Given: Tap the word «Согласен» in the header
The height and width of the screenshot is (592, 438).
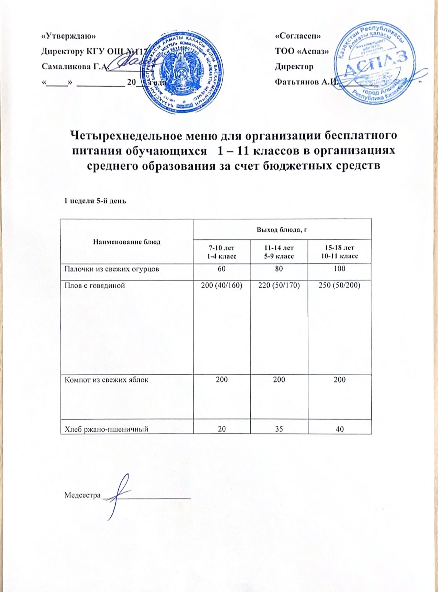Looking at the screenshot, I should click(298, 36).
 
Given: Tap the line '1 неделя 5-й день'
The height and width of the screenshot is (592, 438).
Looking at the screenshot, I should click(96, 201).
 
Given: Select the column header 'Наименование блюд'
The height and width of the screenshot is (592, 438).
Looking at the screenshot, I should click(127, 242).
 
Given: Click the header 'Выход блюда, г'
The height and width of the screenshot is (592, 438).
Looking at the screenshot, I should click(282, 229).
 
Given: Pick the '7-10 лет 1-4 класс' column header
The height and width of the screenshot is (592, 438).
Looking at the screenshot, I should click(222, 252).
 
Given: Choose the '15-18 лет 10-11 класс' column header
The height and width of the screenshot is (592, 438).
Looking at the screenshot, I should click(339, 252).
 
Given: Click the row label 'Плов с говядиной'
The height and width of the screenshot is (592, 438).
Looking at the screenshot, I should click(95, 285).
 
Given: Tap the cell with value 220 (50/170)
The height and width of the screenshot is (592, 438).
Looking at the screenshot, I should click(279, 285).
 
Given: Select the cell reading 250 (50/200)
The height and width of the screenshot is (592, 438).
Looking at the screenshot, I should click(339, 285).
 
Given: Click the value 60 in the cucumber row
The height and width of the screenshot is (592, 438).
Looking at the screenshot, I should click(222, 269).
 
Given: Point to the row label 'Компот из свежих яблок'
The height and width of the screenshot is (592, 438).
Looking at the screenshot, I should click(107, 379).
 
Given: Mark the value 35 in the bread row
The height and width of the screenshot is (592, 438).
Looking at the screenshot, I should click(279, 429).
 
